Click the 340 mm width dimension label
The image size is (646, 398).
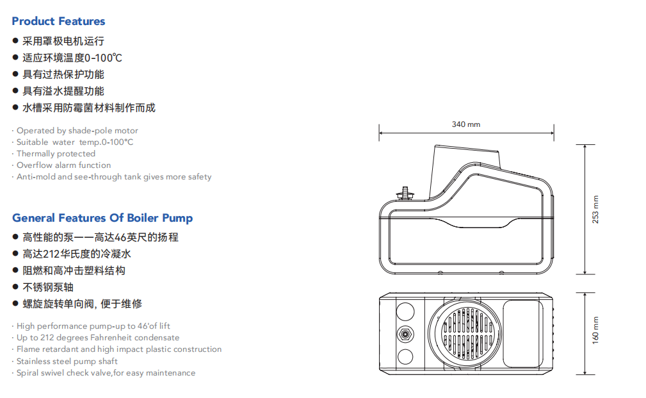click(465, 124)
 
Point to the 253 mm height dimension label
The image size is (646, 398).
click(595, 209)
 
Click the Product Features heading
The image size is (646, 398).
click(58, 21)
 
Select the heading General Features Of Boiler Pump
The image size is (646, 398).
click(102, 218)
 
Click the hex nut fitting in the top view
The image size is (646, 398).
click(405, 334)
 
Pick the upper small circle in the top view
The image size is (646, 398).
click(405, 312)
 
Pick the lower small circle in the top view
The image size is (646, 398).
click(405, 356)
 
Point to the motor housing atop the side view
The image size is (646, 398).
click(465, 160)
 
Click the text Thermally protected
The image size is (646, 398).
click(56, 154)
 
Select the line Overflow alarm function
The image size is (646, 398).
click(63, 165)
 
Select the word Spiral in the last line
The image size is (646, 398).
click(28, 372)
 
